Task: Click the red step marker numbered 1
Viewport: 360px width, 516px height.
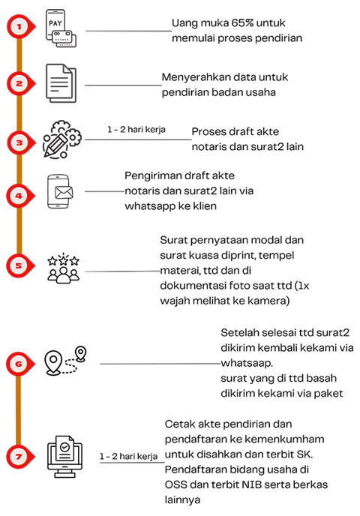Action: [20, 27]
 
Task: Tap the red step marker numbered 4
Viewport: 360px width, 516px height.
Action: [20, 196]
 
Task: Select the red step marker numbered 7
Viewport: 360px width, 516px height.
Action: [20, 457]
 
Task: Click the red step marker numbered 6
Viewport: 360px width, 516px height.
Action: [20, 364]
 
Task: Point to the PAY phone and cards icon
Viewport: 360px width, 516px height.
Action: [61, 28]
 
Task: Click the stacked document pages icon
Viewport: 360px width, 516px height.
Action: [61, 83]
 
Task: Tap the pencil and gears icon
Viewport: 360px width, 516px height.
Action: [61, 139]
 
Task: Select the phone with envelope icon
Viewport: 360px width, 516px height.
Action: [60, 191]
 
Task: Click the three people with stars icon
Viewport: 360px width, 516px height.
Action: [64, 268]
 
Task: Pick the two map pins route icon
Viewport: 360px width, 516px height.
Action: [65, 360]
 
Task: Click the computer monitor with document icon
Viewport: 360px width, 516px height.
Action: [64, 457]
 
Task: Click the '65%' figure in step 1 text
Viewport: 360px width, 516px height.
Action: [242, 23]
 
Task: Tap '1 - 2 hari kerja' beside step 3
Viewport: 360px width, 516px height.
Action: [136, 129]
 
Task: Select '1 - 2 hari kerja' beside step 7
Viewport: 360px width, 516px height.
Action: [129, 456]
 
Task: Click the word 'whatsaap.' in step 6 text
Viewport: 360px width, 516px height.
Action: [247, 363]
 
